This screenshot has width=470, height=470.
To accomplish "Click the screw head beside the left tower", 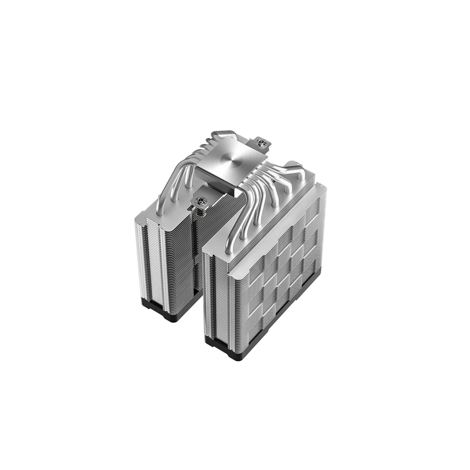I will [201, 201].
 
